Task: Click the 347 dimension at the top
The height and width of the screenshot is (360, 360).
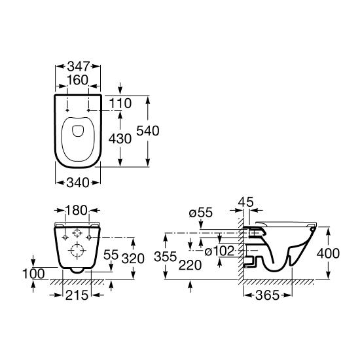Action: point(78,67)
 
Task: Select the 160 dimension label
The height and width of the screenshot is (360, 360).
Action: point(77,80)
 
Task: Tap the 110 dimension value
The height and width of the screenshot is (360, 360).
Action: point(120,103)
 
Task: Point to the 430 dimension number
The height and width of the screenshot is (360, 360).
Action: point(120,139)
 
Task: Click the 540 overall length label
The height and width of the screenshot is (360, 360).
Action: point(148,131)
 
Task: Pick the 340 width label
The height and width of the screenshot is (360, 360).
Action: point(78,183)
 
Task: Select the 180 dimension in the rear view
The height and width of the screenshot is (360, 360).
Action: point(77,210)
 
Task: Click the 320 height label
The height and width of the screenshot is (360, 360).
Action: point(133,259)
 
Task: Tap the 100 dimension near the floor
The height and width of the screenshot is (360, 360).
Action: point(33,274)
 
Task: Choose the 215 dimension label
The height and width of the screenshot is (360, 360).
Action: point(77,295)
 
